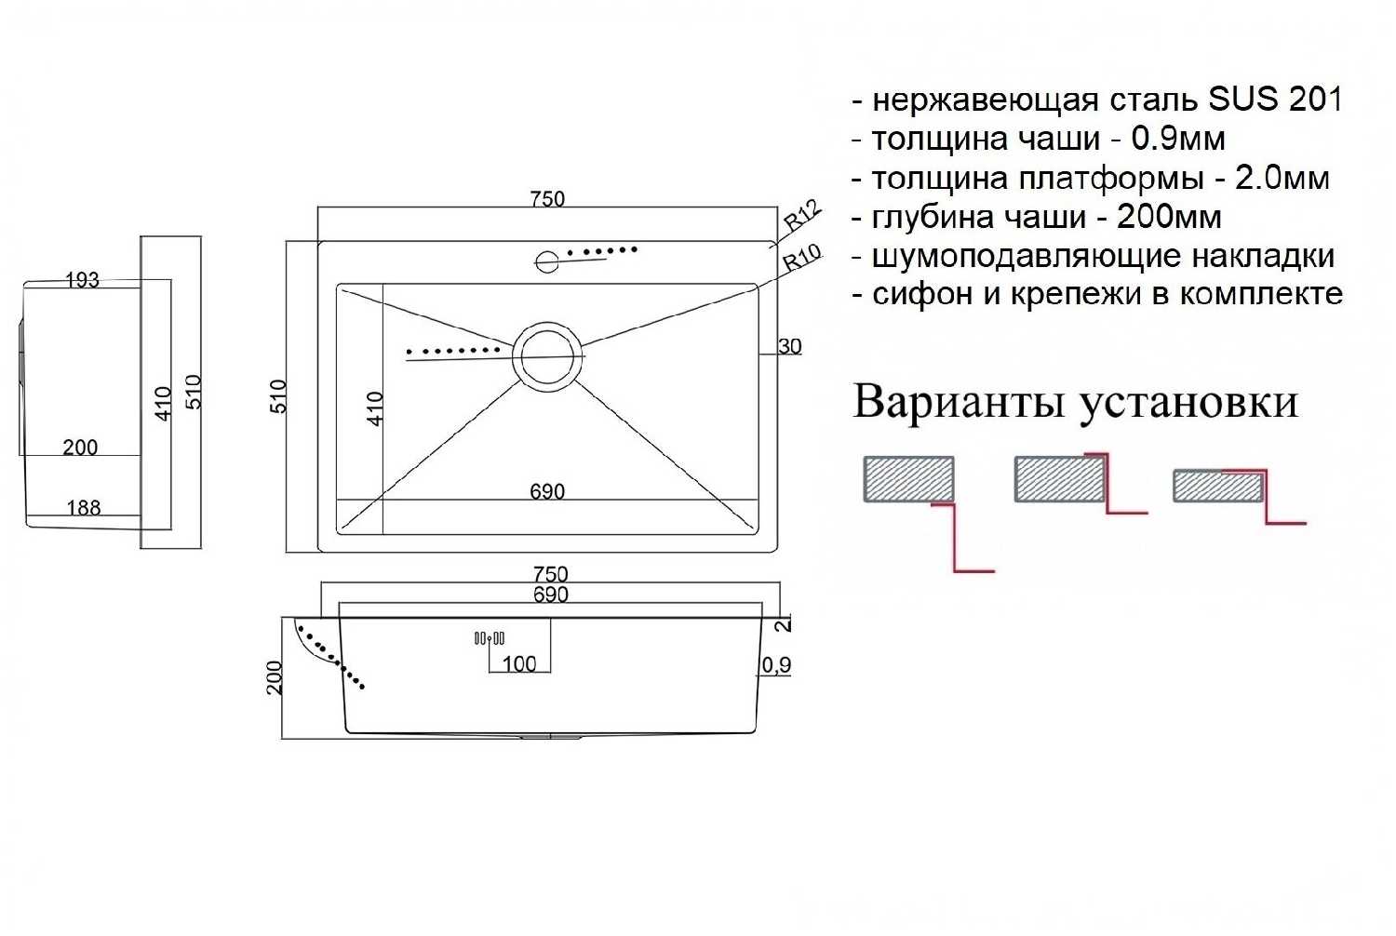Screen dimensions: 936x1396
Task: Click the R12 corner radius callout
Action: click(801, 216)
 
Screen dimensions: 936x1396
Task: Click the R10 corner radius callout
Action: click(801, 257)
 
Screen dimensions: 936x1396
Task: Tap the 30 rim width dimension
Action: click(789, 346)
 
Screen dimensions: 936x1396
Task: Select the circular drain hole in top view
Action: click(547, 356)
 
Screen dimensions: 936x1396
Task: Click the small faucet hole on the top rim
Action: click(546, 261)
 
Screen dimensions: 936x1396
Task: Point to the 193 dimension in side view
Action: click(82, 280)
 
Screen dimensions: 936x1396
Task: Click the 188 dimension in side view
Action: click(84, 508)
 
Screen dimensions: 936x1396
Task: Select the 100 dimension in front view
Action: click(519, 663)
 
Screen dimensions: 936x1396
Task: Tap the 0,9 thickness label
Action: click(776, 664)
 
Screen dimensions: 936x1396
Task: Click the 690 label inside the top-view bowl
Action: click(547, 491)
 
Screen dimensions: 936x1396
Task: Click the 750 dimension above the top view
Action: click(547, 199)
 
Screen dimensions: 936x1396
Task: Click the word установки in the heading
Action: click(1188, 402)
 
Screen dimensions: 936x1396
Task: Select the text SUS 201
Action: click(1274, 99)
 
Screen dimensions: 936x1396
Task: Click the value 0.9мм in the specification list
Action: click(1177, 139)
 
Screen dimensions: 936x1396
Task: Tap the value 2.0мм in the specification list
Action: click(1282, 178)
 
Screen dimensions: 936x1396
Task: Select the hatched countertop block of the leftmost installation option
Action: click(908, 479)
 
